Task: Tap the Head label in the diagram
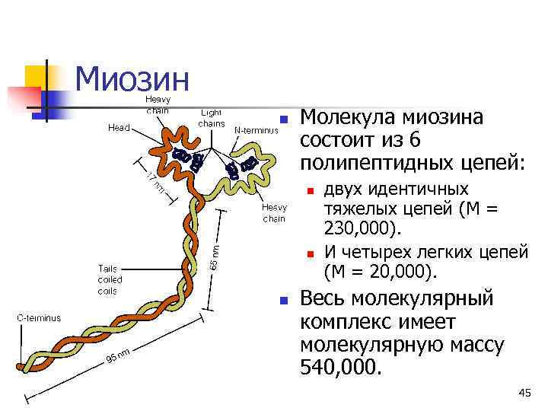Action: (118, 129)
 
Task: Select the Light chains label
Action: (211, 118)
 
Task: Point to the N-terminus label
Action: (256, 129)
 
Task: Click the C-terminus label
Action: (40, 318)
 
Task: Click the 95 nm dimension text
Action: (119, 355)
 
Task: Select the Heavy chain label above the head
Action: (158, 104)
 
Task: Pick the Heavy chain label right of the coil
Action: (274, 213)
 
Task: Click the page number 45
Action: (524, 393)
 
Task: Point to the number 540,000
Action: (338, 368)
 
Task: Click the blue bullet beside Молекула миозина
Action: (282, 119)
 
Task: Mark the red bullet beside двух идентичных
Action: (310, 190)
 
